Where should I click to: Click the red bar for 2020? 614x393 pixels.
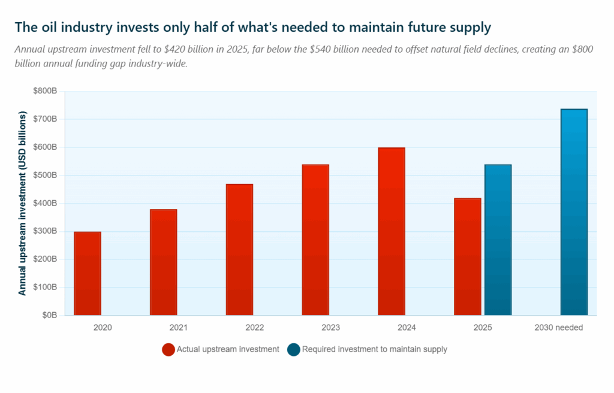pos(88,273)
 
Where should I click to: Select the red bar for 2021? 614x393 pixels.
pos(163,262)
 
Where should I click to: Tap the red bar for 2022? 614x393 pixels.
pos(239,249)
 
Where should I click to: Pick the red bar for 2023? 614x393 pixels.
pos(315,240)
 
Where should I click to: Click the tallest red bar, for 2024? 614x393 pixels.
pos(392,231)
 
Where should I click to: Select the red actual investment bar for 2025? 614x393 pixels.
pos(468,256)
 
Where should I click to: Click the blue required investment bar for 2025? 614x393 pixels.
pos(498,240)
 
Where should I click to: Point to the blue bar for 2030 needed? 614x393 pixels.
pos(574,212)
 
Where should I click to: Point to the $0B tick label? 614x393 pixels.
pos(49,315)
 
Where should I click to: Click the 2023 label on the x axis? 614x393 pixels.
pos(330,328)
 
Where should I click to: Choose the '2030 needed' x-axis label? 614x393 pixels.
pos(558,328)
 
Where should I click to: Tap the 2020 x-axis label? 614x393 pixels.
pos(103,328)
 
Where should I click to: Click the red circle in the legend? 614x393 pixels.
pos(168,349)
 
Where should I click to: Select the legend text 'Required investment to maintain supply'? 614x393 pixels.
pos(375,349)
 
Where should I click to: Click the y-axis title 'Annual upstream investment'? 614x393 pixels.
pos(23,203)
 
